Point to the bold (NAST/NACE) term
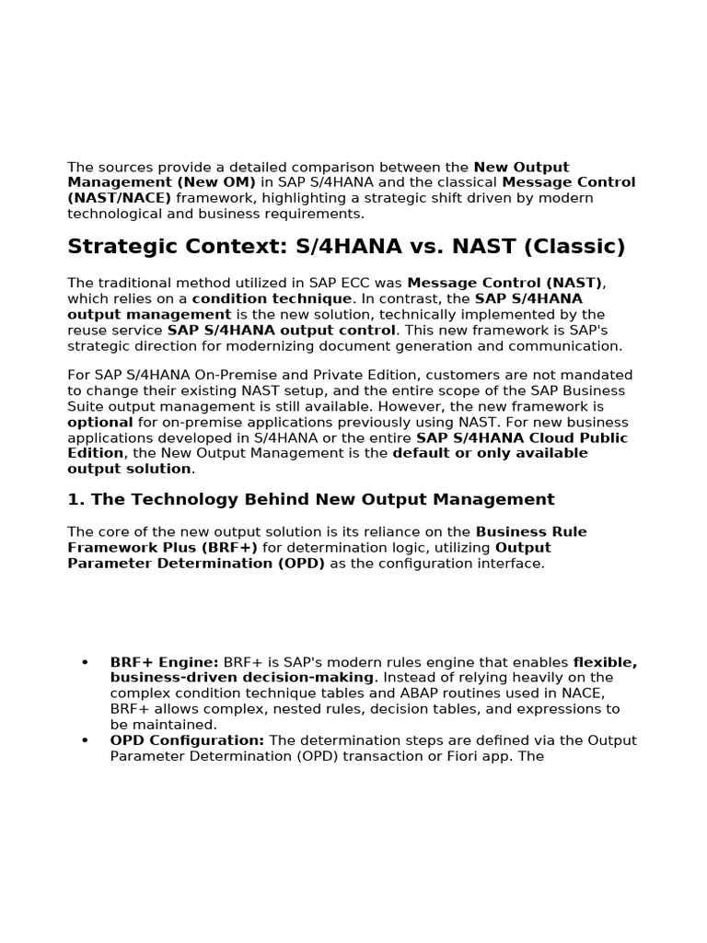tap(119, 198)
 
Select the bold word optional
tap(100, 422)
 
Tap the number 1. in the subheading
tap(75, 500)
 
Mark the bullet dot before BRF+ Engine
tap(85, 662)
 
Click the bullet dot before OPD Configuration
tap(85, 740)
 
